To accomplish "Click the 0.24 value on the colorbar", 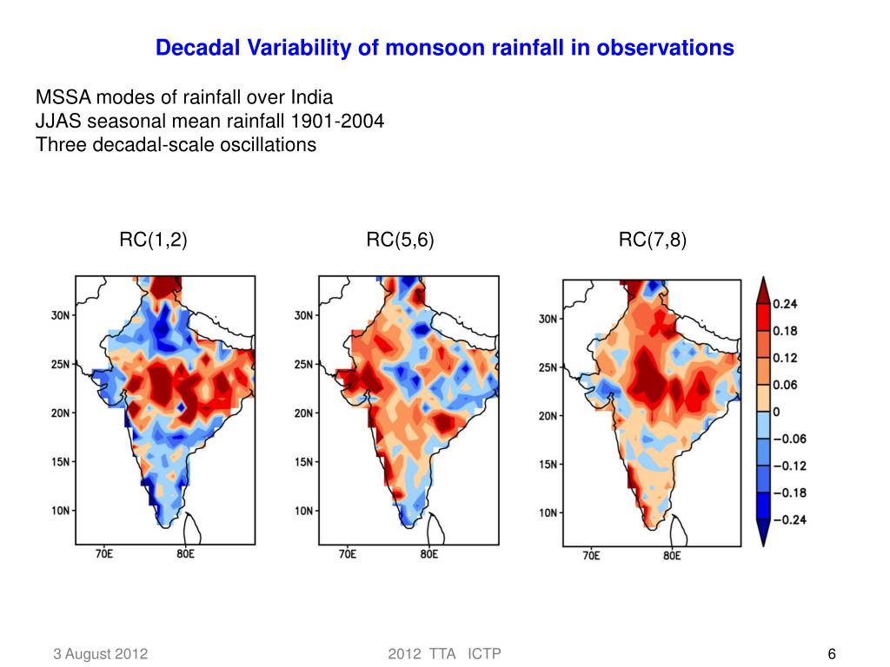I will click(x=786, y=304).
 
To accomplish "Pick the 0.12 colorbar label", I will click(x=786, y=358).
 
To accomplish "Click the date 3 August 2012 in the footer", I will click(x=97, y=654).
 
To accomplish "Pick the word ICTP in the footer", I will click(x=484, y=654).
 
